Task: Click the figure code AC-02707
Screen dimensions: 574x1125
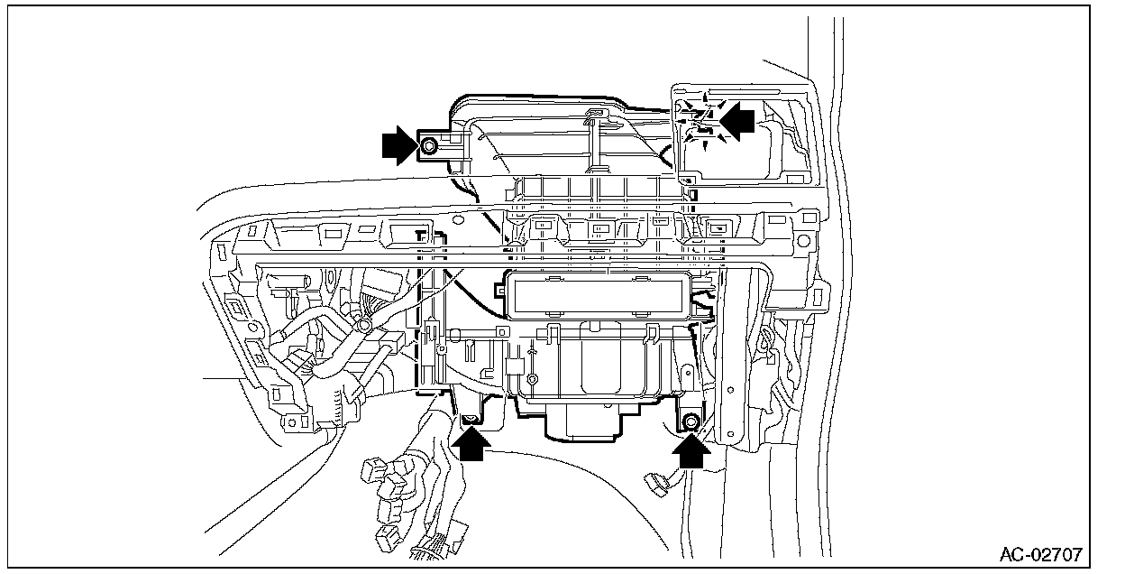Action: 1040,553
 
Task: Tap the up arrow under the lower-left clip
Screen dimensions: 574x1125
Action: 471,444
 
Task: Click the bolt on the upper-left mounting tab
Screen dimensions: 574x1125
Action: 429,145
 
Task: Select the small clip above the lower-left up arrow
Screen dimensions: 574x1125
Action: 470,417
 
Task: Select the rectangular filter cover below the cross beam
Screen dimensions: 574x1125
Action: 596,295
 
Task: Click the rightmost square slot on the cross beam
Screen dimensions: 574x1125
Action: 720,228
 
